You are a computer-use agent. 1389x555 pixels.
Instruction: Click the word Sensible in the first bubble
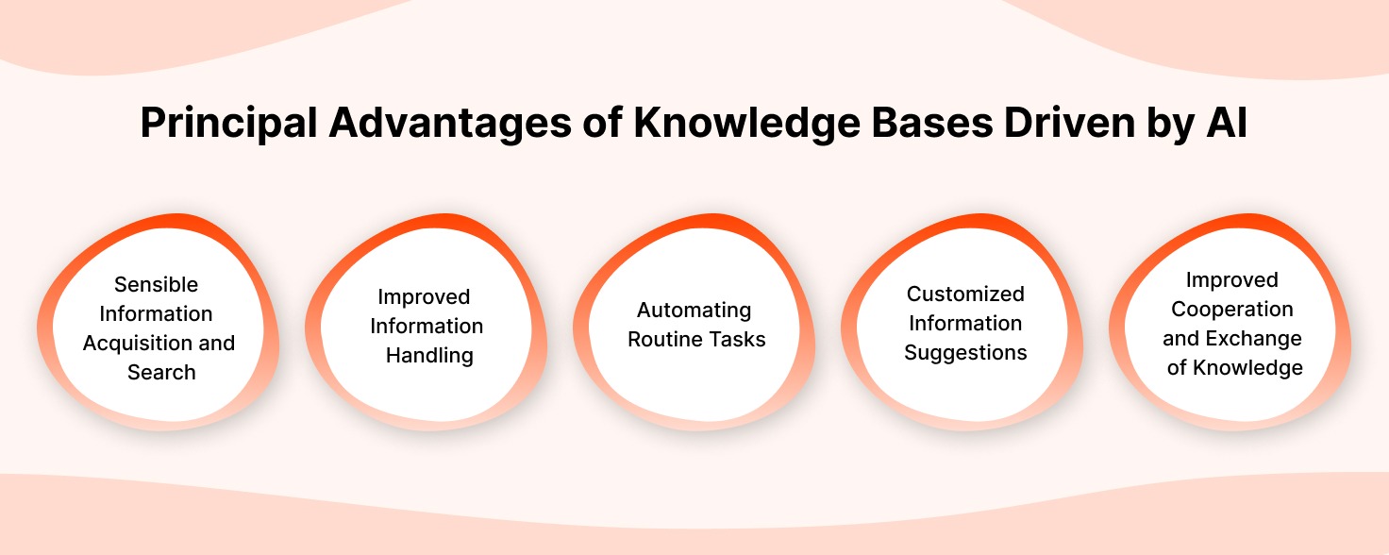click(x=157, y=284)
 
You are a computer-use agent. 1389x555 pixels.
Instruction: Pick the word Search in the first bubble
click(x=161, y=372)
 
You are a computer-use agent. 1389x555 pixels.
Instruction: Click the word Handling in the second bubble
click(x=429, y=355)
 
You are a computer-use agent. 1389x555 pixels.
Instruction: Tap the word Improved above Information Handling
click(x=424, y=296)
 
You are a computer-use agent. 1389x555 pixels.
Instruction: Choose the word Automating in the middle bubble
click(x=694, y=310)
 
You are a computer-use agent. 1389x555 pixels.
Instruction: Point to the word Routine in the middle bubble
click(x=664, y=339)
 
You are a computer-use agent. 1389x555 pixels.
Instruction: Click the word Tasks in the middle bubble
click(x=736, y=339)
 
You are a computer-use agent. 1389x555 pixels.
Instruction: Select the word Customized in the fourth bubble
click(x=965, y=294)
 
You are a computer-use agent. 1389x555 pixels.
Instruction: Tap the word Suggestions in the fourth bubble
click(x=965, y=352)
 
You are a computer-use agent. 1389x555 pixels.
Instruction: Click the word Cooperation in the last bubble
click(x=1232, y=309)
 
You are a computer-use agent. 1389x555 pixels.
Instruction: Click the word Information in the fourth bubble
click(x=965, y=323)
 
